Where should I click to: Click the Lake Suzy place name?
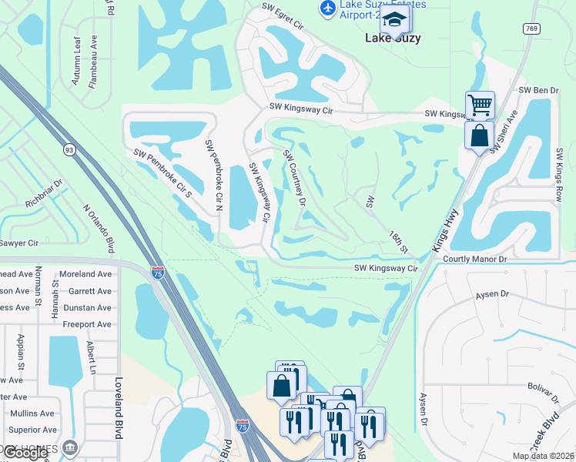(393, 38)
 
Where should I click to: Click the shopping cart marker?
(480, 103)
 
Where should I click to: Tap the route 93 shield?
(69, 149)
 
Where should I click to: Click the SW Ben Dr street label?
(538, 90)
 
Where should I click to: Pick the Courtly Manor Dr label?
(474, 259)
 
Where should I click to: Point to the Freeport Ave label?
(88, 324)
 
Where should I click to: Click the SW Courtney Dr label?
(294, 178)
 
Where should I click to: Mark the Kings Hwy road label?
(446, 229)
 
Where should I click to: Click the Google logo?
(25, 454)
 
